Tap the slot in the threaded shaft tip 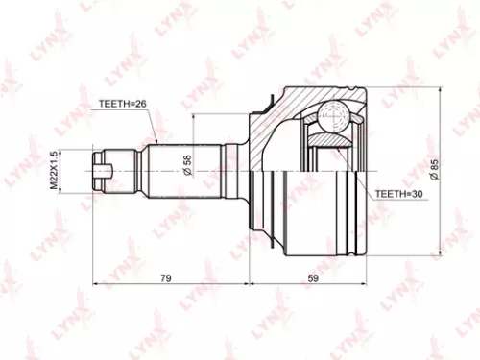pos(108,173)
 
